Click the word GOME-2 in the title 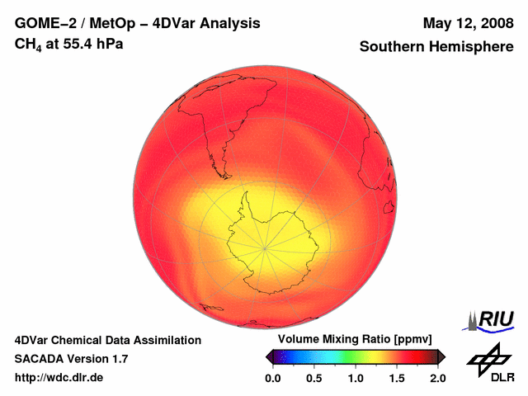pyautogui.click(x=40, y=23)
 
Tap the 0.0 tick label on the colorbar pyautogui.click(x=273, y=378)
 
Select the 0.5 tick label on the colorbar pyautogui.click(x=314, y=378)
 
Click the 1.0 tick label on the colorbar pyautogui.click(x=356, y=378)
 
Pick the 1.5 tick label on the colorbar pyautogui.click(x=397, y=378)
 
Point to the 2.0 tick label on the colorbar pyautogui.click(x=437, y=378)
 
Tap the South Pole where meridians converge pyautogui.click(x=265, y=247)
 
